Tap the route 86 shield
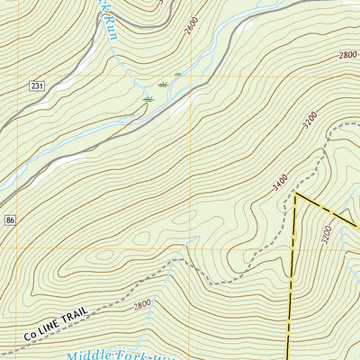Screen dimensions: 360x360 click(x=8, y=220)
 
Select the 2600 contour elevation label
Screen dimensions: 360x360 click(x=190, y=26)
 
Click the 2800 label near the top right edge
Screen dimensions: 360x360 click(x=348, y=55)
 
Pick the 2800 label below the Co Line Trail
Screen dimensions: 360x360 click(x=142, y=305)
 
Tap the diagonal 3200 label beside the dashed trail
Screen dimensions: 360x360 click(x=310, y=118)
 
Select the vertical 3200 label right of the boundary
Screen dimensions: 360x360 click(x=327, y=235)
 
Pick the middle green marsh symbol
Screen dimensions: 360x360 click(x=163, y=85)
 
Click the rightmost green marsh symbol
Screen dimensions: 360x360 click(x=177, y=74)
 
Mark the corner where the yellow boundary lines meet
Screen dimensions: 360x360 click(x=295, y=193)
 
